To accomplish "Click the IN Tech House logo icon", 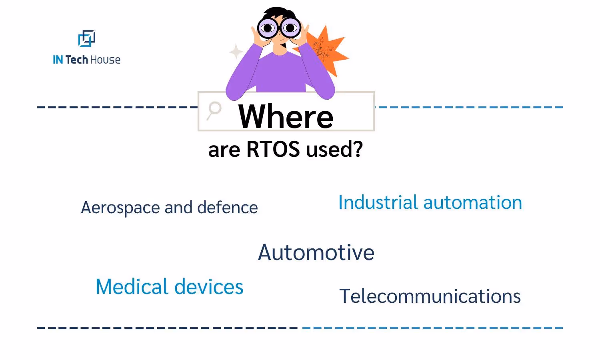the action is pos(86,38).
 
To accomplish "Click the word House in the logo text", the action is pos(105,60).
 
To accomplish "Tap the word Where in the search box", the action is pos(286,116).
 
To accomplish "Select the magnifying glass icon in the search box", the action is pos(214,110).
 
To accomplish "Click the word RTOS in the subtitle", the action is pos(273,149).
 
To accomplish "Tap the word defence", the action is pos(227,208).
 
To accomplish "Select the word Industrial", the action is pos(378,202).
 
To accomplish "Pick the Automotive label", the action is pos(316,252).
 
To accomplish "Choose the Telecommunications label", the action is pos(430,296).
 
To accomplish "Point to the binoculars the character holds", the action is pos(279,28).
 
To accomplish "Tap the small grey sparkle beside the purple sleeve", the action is pos(236,52).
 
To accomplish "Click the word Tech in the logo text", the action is pos(76,60).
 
